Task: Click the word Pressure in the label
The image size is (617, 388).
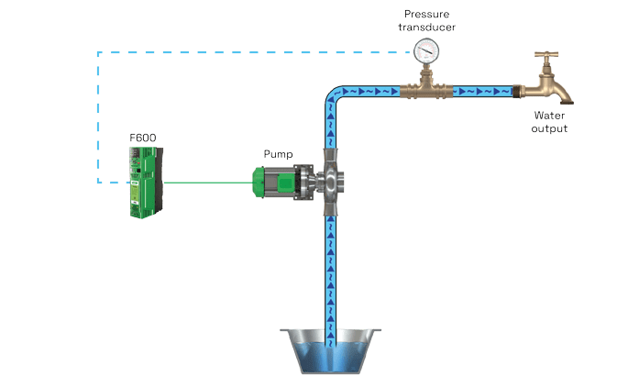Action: coord(428,15)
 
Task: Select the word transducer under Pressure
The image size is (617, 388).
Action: coord(428,27)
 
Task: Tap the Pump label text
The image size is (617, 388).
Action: coord(276,153)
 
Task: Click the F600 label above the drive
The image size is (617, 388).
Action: coord(143,137)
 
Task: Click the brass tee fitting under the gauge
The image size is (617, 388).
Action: coord(426,90)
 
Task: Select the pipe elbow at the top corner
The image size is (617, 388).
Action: coord(332,96)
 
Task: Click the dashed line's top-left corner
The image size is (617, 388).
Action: coord(98,52)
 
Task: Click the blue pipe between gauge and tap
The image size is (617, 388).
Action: coord(481,91)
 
